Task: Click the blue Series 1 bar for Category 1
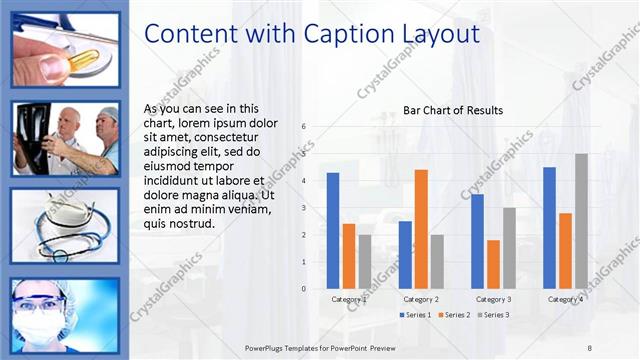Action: pos(333,230)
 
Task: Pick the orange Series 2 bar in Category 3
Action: pos(493,264)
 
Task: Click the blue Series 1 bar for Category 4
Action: pos(549,227)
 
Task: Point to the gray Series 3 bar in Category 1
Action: pos(364,261)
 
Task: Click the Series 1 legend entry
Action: pos(416,315)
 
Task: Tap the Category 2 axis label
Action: pos(421,299)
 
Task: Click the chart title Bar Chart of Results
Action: pos(453,110)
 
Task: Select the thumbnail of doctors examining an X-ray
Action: pos(65,140)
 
